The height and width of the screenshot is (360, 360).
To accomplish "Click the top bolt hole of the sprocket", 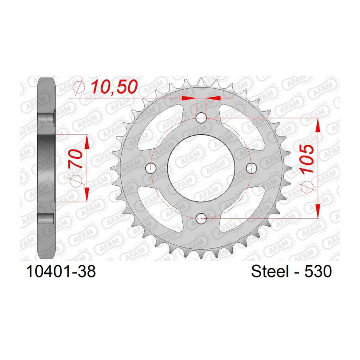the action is pyautogui.click(x=201, y=118).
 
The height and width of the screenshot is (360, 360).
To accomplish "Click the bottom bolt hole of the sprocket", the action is pyautogui.click(x=201, y=218).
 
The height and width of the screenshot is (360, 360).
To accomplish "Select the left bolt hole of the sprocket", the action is pyautogui.click(x=151, y=168).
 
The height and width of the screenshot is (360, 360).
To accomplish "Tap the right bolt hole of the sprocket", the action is pyautogui.click(x=251, y=168).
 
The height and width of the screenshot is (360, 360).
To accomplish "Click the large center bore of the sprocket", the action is pyautogui.click(x=201, y=168).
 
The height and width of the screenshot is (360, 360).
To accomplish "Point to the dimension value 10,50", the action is pyautogui.click(x=114, y=87).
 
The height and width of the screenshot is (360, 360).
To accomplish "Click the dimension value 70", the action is pyautogui.click(x=75, y=159).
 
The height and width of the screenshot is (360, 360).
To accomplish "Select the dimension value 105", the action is pyautogui.click(x=306, y=159).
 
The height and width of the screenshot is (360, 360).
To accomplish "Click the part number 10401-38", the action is pyautogui.click(x=61, y=271).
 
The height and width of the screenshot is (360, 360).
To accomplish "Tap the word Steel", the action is pyautogui.click(x=270, y=271).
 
